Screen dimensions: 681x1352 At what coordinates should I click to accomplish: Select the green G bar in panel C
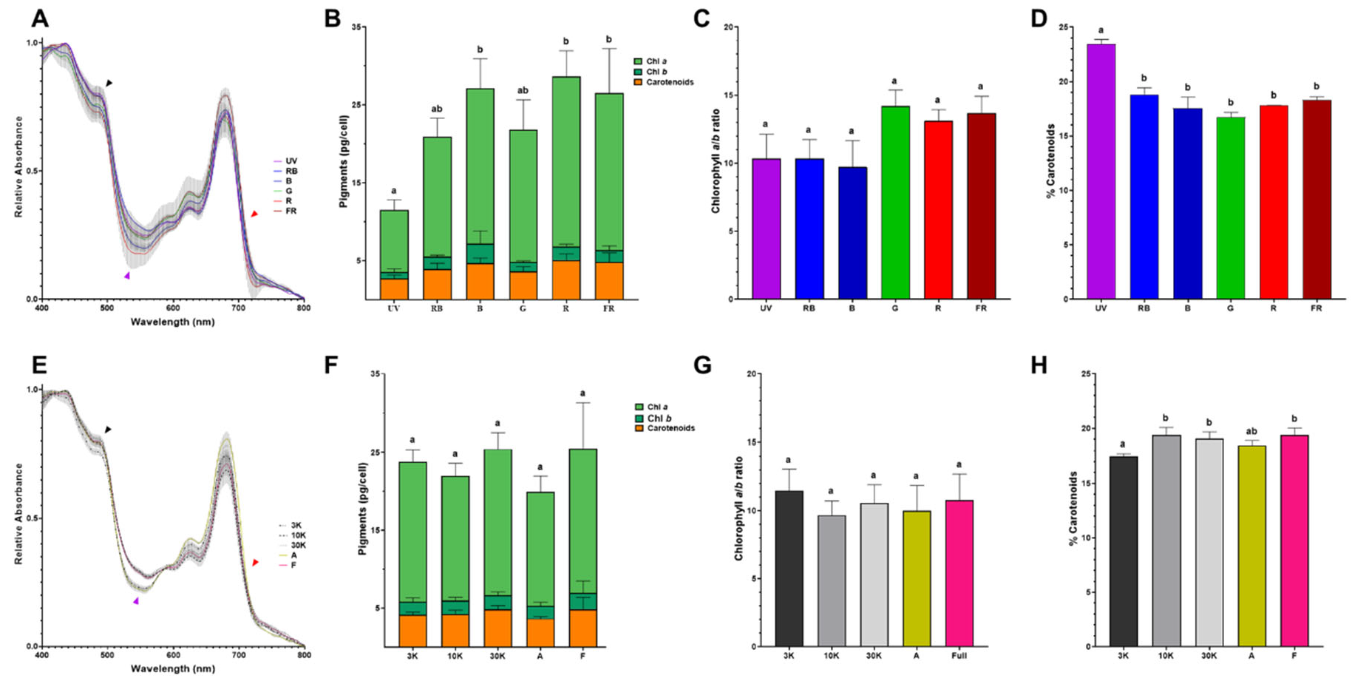pos(894,203)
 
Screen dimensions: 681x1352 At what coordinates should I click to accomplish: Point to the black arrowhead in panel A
pos(109,84)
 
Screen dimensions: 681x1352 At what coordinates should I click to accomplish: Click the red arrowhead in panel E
pos(255,563)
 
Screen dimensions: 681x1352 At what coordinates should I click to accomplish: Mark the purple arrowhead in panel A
pos(127,276)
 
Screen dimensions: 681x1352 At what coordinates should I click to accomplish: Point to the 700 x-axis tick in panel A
pos(238,307)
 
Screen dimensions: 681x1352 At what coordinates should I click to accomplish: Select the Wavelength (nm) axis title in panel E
pos(172,668)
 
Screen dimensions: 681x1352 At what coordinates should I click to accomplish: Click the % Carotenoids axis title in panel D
pos(1050,163)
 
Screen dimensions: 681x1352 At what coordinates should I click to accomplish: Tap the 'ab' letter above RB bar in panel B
pos(436,109)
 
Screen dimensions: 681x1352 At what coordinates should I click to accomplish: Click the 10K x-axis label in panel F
pos(454,656)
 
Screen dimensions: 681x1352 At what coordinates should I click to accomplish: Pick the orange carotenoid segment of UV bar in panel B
pos(393,288)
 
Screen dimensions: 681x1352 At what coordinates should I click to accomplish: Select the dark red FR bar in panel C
pos(980,206)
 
